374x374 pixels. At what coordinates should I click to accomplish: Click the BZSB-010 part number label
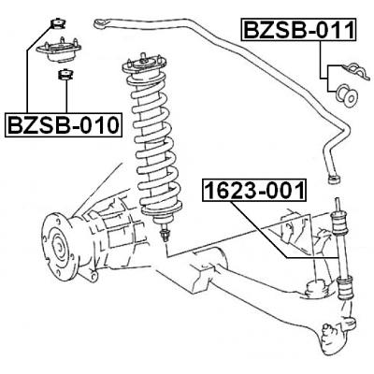64,124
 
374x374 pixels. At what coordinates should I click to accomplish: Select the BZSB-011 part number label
298,30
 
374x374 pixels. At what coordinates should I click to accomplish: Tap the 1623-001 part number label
253,193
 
